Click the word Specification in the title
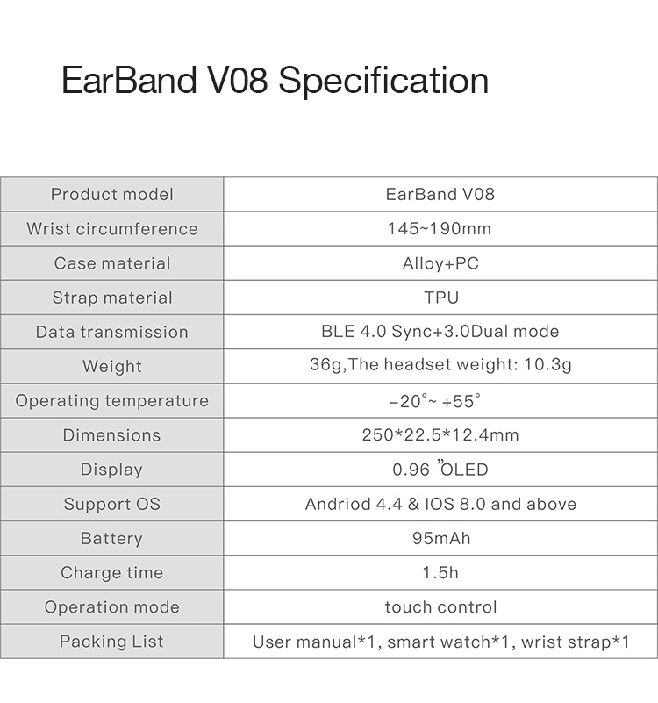[x=383, y=81]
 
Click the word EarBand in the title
[x=129, y=81]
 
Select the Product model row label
[x=111, y=195]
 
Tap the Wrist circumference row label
[x=111, y=229]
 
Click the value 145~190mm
[x=440, y=229]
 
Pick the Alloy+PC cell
[x=440, y=263]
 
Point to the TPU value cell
[x=441, y=298]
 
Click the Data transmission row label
[x=111, y=332]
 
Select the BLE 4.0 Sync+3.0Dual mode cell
[x=440, y=332]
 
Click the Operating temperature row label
[x=111, y=401]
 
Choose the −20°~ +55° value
[x=435, y=401]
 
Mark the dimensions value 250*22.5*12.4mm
[x=440, y=435]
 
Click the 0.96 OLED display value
[x=440, y=470]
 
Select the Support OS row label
[x=111, y=505]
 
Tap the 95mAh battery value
[x=440, y=539]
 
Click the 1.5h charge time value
[x=440, y=573]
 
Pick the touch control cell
[x=440, y=607]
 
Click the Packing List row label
[x=111, y=642]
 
